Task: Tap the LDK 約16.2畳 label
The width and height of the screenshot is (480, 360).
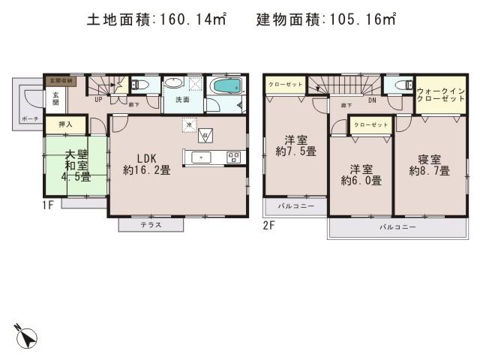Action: pos(147,163)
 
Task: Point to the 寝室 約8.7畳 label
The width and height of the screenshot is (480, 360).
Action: pos(429,164)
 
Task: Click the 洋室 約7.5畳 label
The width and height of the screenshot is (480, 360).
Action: pos(294,145)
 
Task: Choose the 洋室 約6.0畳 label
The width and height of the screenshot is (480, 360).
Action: pos(361,174)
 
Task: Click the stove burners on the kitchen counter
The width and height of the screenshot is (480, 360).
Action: pos(232,157)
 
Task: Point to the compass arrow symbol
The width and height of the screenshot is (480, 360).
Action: pos(26,336)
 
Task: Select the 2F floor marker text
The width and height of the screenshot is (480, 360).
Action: pos(269,224)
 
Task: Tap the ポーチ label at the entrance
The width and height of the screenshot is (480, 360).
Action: pos(29,118)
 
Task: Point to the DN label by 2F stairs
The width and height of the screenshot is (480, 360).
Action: pos(372,98)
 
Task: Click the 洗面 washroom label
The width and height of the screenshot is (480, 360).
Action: pos(183,99)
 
